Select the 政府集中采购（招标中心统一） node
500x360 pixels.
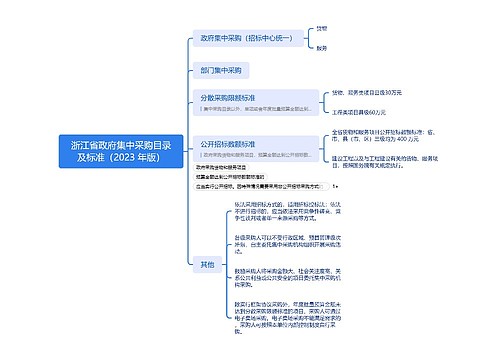click(246, 39)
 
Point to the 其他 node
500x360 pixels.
click(207, 264)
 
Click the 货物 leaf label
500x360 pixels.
click(321, 28)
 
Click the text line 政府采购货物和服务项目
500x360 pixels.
click(230, 168)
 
